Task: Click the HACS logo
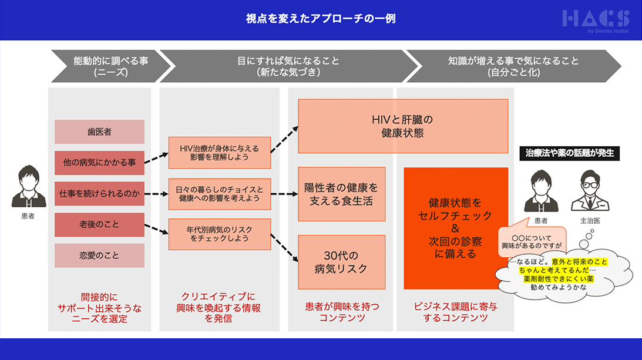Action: pos(596,21)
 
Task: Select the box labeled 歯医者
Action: pos(99,132)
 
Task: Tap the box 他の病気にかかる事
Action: pos(99,163)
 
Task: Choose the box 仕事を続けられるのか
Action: pos(99,193)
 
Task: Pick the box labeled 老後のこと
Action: pos(99,224)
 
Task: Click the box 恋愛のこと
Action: pos(99,255)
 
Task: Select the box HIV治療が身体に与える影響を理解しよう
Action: pos(220,153)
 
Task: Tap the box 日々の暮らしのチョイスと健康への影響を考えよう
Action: pos(220,194)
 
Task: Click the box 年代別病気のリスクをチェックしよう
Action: pos(220,234)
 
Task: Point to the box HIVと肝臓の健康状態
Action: pos(403,126)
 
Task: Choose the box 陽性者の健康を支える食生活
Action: pos(341,194)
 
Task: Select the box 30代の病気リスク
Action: pos(341,262)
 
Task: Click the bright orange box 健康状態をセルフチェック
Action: pos(455,228)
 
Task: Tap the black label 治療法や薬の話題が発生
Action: pos(570,153)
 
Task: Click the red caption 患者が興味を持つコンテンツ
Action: pos(341,312)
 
